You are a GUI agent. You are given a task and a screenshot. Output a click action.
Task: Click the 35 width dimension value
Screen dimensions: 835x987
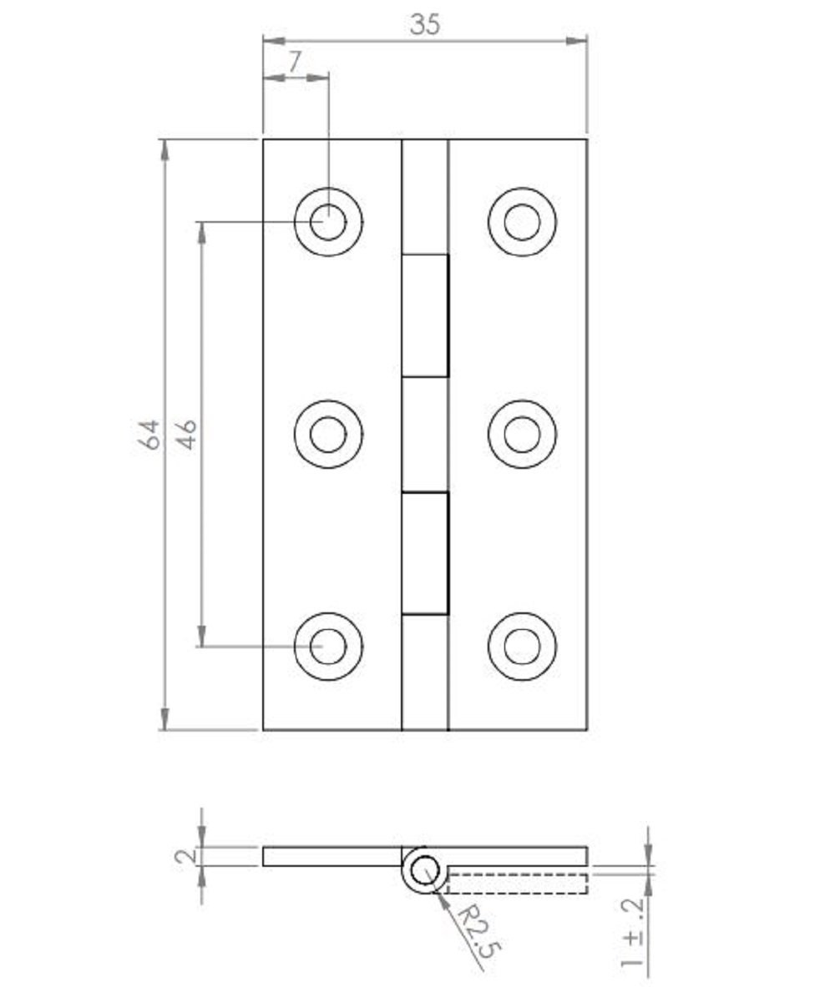[x=425, y=24]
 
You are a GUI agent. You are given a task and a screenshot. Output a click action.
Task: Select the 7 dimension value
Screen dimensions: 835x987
[x=295, y=62]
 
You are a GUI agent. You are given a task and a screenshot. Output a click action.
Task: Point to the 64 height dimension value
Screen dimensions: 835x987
[x=149, y=435]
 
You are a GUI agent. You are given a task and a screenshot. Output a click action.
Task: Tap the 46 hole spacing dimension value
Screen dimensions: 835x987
[x=186, y=435]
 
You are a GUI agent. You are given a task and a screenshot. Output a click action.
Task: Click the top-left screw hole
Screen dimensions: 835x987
[x=328, y=222]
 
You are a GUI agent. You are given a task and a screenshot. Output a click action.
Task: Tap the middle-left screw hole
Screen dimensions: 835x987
[x=328, y=435]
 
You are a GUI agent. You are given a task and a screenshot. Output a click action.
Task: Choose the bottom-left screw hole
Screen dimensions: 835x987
[x=328, y=647]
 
